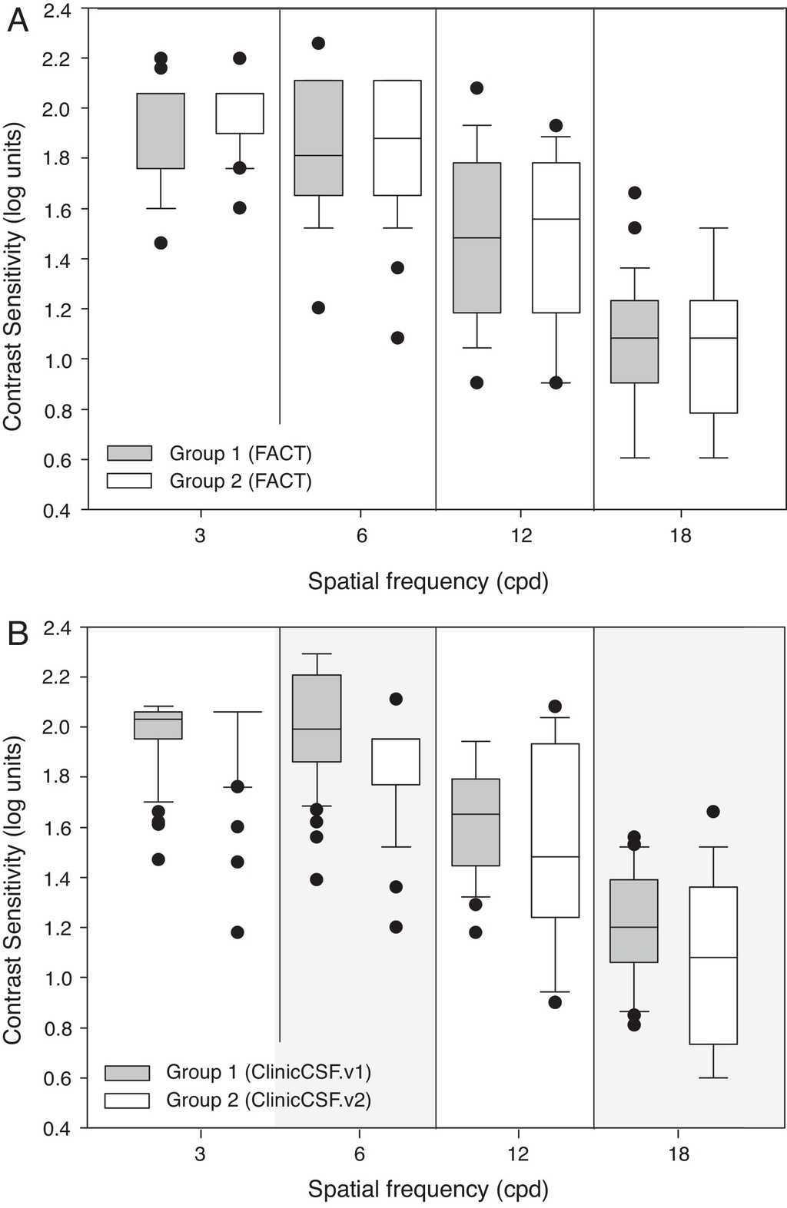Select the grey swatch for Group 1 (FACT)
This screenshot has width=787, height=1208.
pyautogui.click(x=129, y=452)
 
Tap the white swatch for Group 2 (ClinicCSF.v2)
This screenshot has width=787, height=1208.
pyautogui.click(x=128, y=1100)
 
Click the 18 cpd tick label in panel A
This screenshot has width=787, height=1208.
pyautogui.click(x=680, y=535)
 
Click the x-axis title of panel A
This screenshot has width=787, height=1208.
pyautogui.click(x=428, y=581)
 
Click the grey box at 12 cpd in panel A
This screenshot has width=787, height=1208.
pyautogui.click(x=477, y=237)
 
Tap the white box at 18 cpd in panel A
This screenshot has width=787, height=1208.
pyautogui.click(x=713, y=356)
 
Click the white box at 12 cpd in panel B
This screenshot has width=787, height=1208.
pyautogui.click(x=555, y=829)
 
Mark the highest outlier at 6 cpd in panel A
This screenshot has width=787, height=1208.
pyautogui.click(x=317, y=43)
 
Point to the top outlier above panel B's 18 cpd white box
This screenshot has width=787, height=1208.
pyautogui.click(x=712, y=812)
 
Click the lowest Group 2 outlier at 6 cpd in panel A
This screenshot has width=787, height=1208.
pyautogui.click(x=397, y=338)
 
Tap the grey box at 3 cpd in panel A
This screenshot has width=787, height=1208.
pyautogui.click(x=160, y=131)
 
